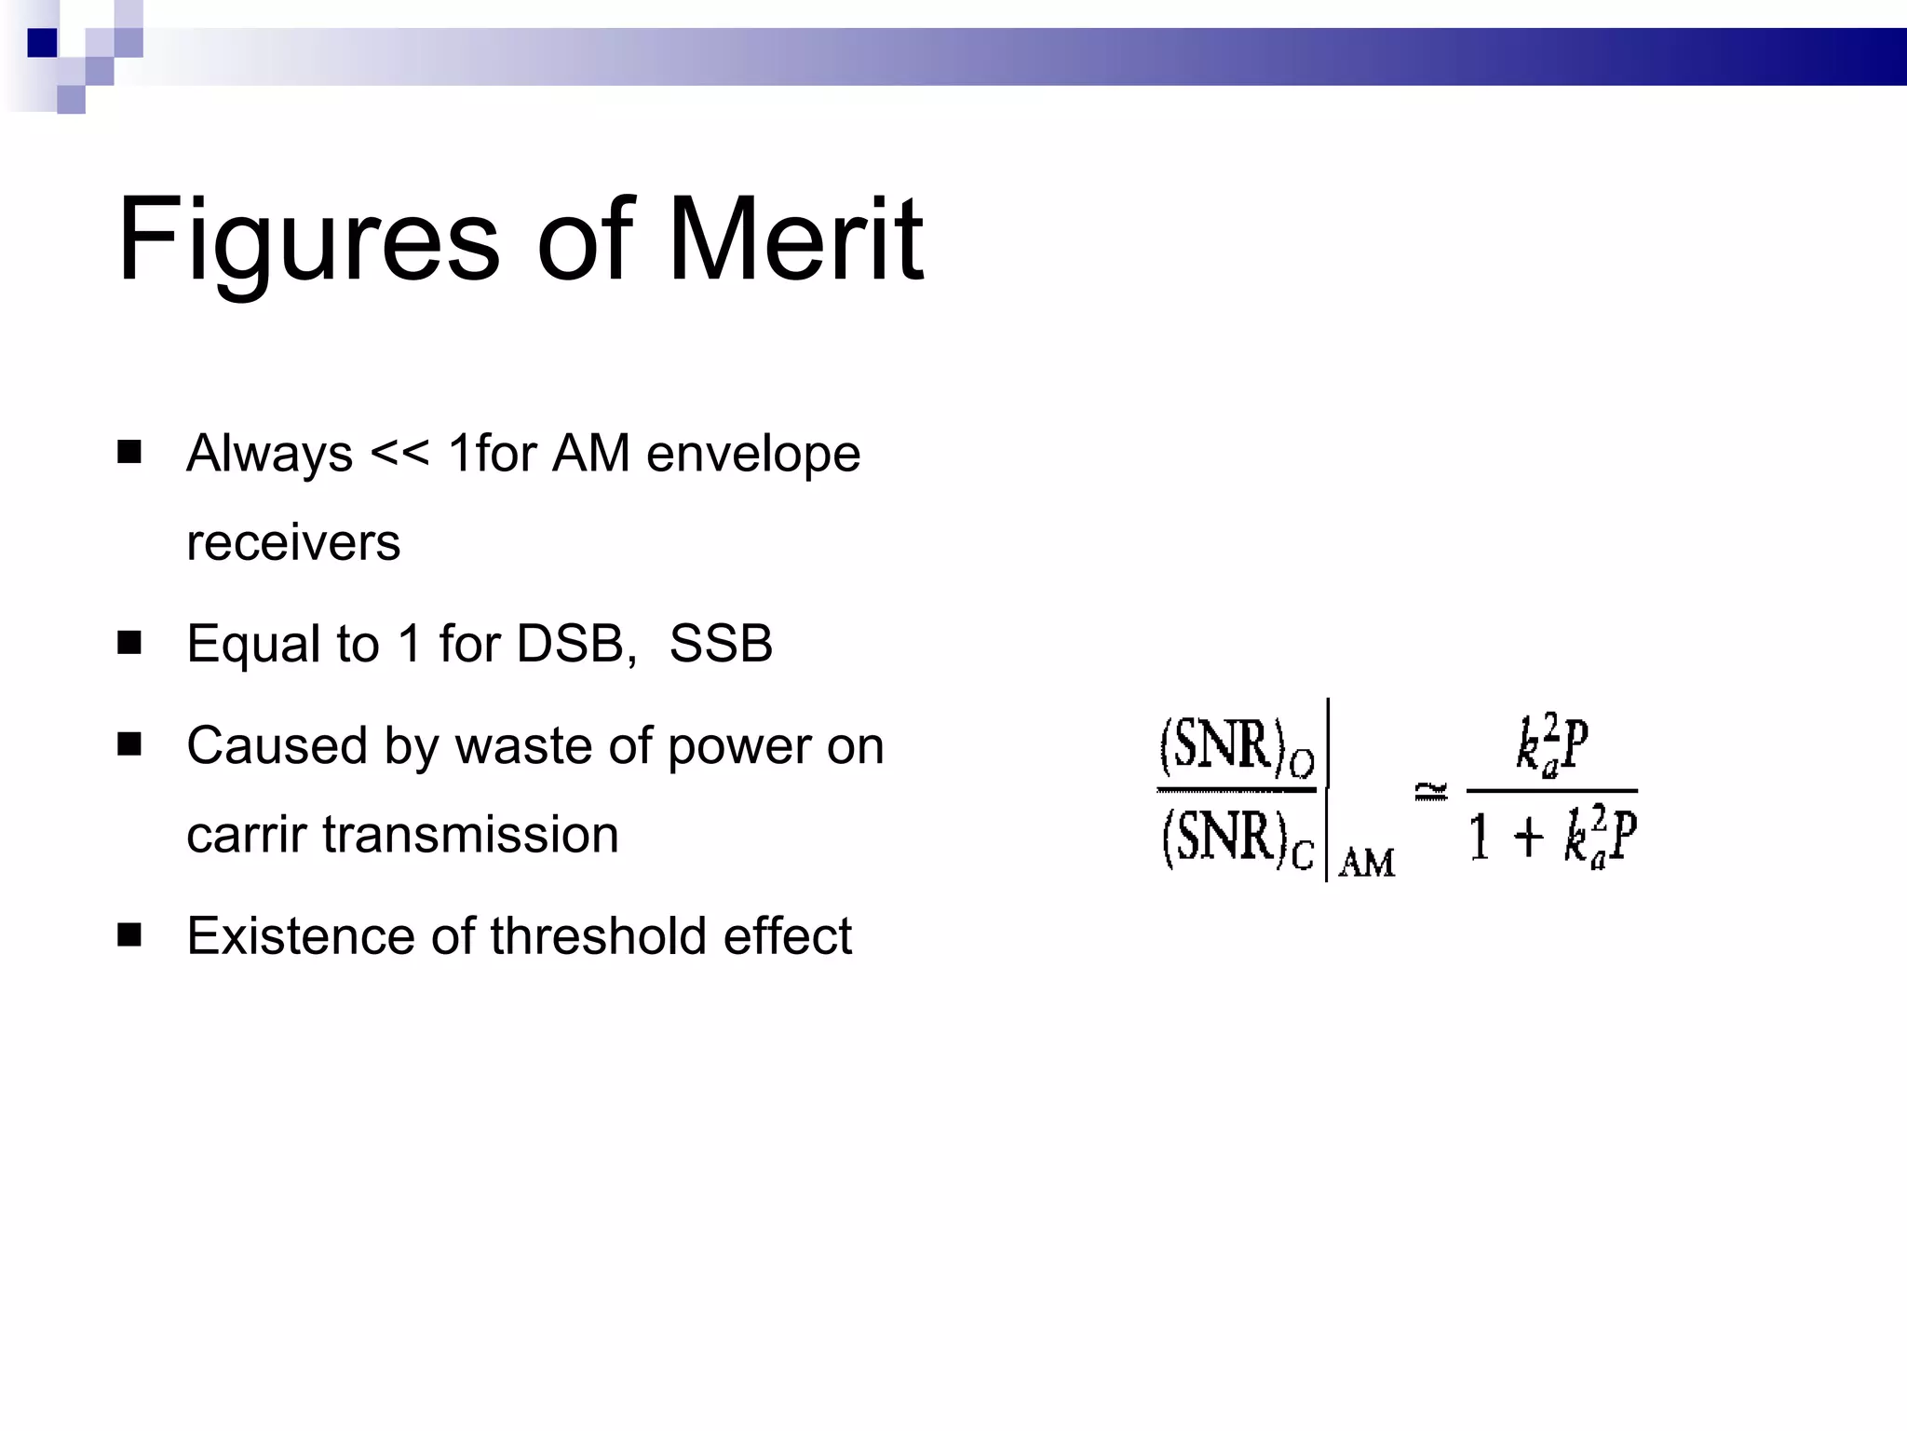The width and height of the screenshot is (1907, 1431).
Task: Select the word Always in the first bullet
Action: point(269,455)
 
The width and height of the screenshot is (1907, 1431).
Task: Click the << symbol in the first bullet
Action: point(399,454)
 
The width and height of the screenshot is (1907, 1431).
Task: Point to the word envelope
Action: point(753,455)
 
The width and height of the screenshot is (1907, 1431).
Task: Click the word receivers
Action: point(293,543)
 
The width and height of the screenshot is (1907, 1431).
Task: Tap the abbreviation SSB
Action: point(721,644)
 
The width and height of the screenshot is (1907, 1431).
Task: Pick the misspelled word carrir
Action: point(246,835)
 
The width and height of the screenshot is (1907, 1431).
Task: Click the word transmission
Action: point(470,835)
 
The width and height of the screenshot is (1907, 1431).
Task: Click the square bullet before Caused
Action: point(129,743)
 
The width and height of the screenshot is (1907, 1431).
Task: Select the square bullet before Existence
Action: point(129,934)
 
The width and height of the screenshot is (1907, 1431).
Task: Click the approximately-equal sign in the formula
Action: point(1431,792)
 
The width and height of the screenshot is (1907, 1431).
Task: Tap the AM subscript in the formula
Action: point(1367,864)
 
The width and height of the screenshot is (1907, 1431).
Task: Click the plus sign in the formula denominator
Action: point(1528,836)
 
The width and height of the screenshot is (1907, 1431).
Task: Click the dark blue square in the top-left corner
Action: point(43,43)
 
